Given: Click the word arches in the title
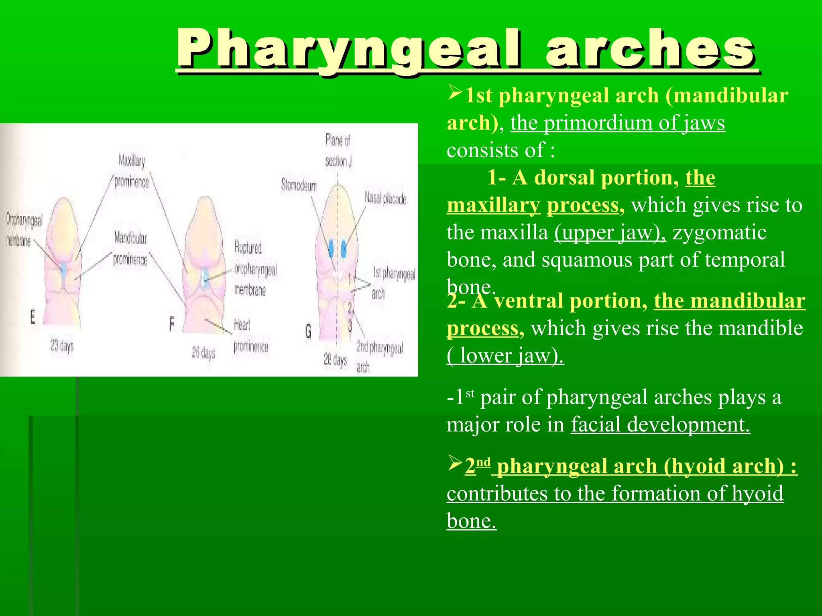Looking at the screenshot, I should click(650, 49).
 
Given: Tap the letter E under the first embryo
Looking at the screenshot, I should click(33, 317).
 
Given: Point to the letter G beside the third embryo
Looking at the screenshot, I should click(308, 331).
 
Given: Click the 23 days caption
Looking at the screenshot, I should click(62, 345).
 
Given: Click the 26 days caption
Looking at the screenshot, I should click(203, 353).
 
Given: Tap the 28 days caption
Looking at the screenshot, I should click(335, 360).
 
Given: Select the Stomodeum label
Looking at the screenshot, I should click(299, 185).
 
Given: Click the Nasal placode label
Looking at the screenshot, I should click(385, 199).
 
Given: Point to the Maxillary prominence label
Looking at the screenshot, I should click(132, 171).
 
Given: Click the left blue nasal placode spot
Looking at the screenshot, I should click(331, 249).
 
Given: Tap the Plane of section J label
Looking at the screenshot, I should click(338, 150).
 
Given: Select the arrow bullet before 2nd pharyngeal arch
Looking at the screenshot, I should click(455, 463).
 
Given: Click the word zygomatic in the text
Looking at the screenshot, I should click(719, 233).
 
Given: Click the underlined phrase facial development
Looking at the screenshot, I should click(660, 424).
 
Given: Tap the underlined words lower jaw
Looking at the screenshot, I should click(506, 355).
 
